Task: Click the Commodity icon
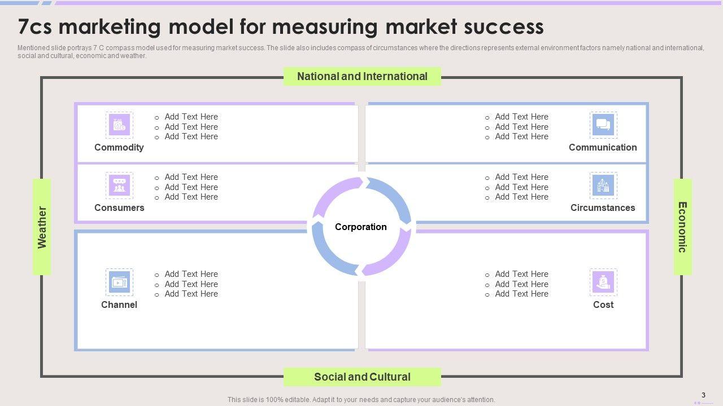coord(119,125)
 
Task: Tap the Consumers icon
coord(119,186)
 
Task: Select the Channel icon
coord(119,282)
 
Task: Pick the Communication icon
coord(603,125)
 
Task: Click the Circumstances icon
coord(603,186)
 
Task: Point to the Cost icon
coord(603,282)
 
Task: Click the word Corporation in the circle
coord(361,227)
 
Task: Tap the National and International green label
coord(362,76)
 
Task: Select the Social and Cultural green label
coord(362,377)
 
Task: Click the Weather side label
coord(42,227)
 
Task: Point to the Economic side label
coord(682,227)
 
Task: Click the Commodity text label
coord(119,147)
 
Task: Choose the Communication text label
coord(603,147)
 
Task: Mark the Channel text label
coord(119,304)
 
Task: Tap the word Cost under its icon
coord(603,304)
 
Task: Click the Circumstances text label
coord(603,208)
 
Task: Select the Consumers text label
coord(119,208)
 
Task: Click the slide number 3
coord(703,395)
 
